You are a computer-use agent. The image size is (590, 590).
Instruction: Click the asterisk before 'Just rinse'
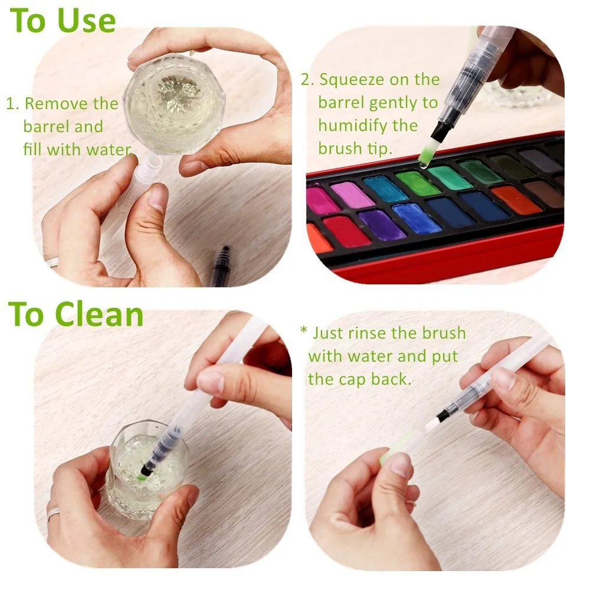pos(304,332)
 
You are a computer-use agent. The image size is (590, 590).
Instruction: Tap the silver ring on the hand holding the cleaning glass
pos(54,513)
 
